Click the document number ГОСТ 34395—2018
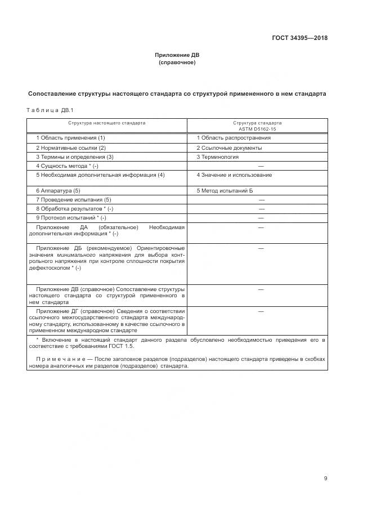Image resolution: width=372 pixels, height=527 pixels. pos(301,38)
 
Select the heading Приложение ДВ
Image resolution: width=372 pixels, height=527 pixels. pos(177,55)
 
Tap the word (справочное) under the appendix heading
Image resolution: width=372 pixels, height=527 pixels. pos(177,62)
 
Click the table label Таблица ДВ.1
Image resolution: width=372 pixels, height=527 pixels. pos(50,110)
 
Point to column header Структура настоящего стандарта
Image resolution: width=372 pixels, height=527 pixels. pos(107,122)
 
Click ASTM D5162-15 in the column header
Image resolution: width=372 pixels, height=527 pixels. pos(257,128)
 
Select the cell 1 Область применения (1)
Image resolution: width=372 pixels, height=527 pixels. pos(70,137)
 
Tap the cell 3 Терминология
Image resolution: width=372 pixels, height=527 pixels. pos(217,157)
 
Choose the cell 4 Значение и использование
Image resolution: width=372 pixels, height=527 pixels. pos(234,175)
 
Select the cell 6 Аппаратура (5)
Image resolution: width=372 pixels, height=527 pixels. pos(58,191)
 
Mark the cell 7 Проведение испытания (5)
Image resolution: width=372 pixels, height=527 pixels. pos(73,200)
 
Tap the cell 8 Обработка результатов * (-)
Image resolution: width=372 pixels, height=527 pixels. pos(74,209)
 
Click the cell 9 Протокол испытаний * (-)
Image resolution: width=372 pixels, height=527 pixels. pos(71,218)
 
